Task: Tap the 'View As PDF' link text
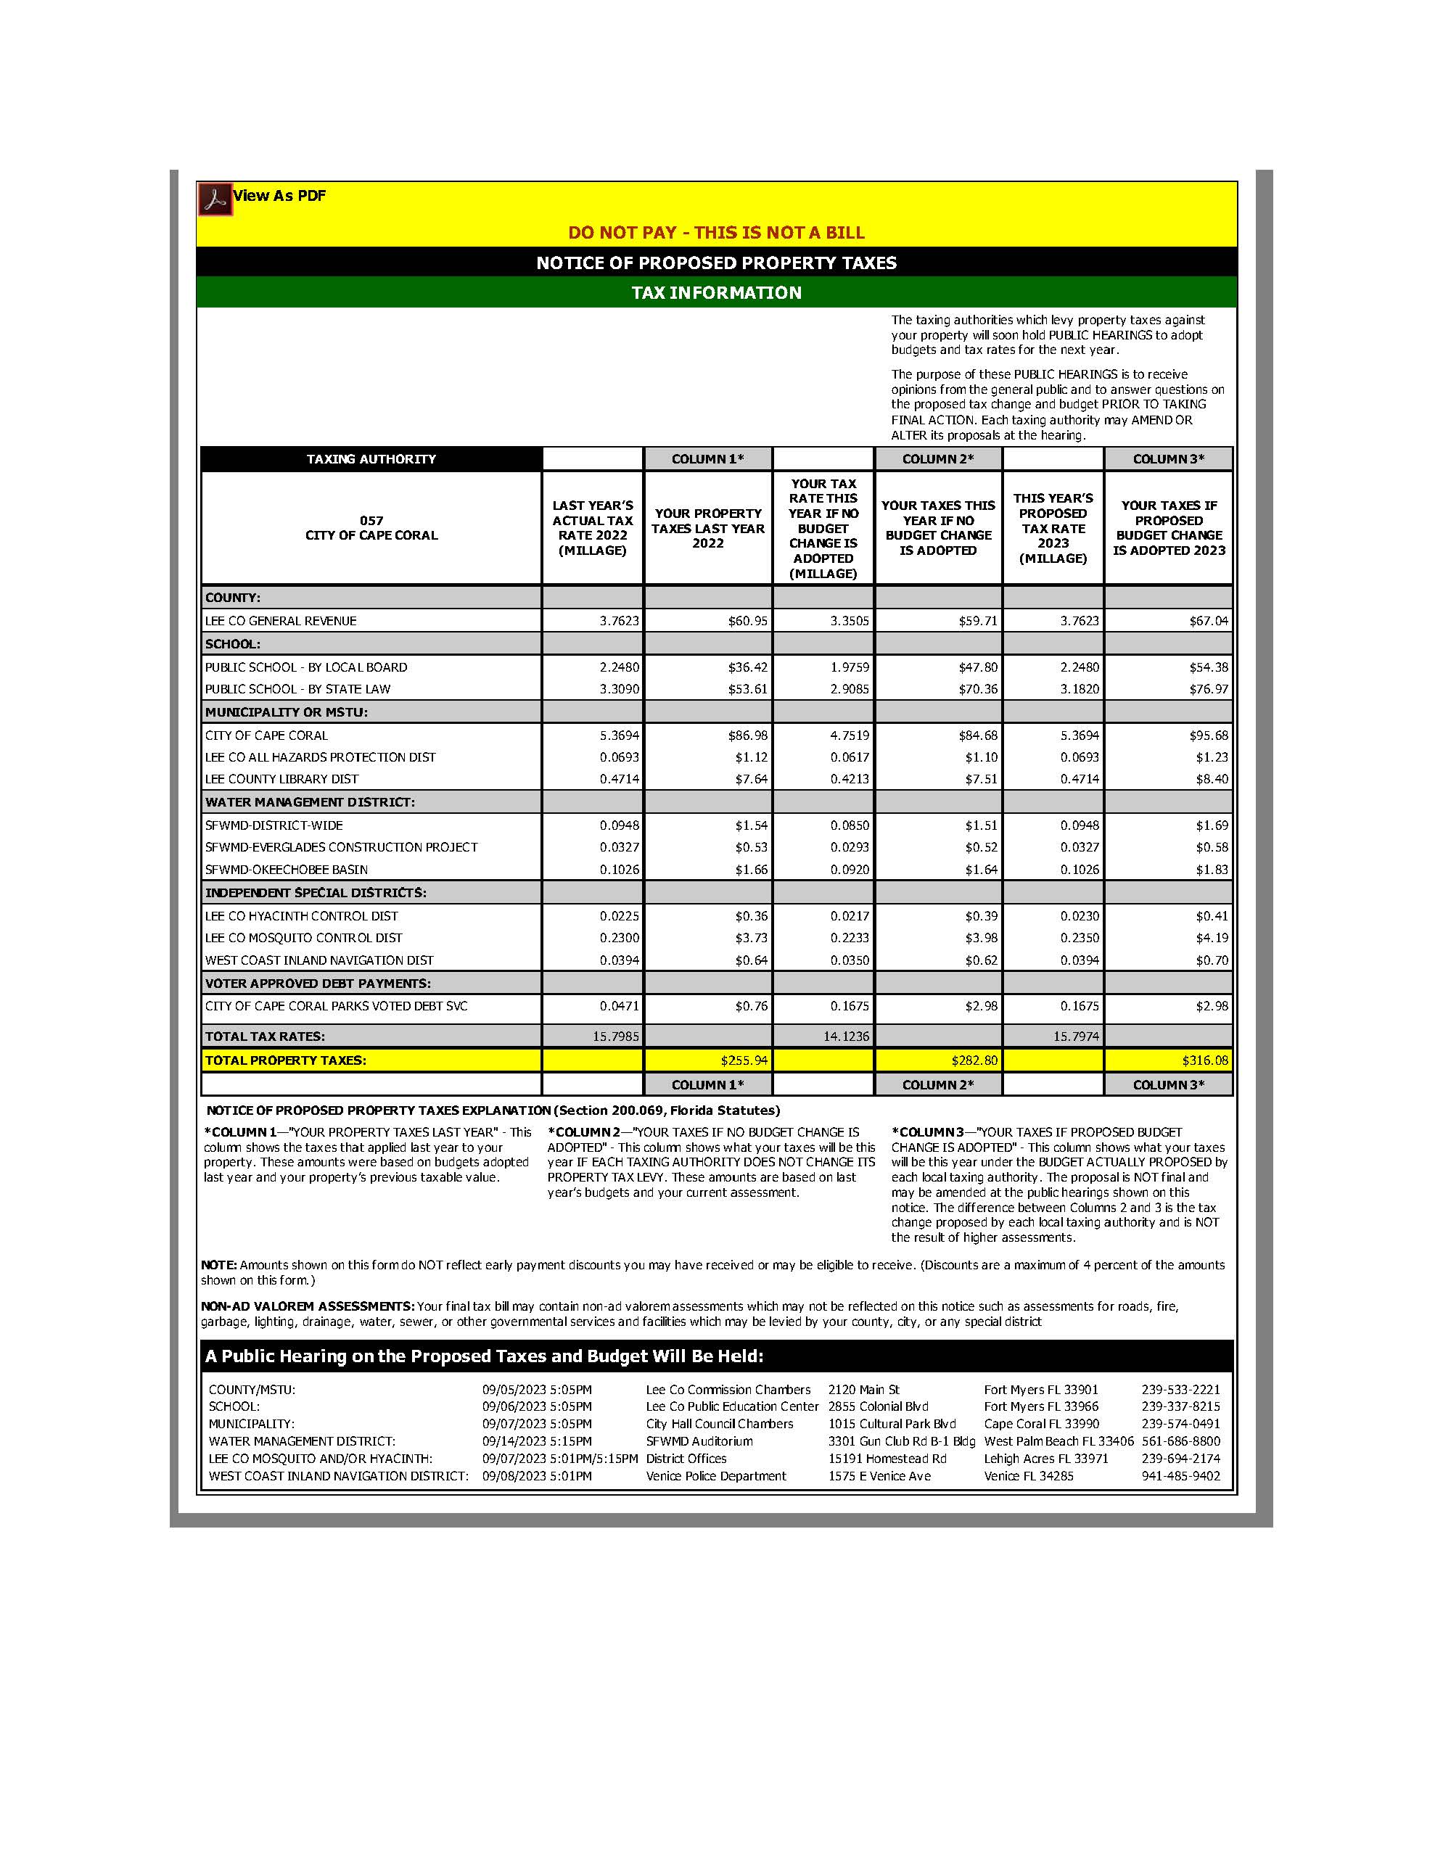279,196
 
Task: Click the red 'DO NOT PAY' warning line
716,233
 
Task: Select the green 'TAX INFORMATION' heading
716,292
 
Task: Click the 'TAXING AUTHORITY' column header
371,459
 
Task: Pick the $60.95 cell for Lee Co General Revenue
747,621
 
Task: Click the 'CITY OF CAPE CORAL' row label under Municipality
266,735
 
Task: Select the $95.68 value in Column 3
1208,735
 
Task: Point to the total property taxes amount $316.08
1204,1060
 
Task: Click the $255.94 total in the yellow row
744,1060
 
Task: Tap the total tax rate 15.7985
615,1036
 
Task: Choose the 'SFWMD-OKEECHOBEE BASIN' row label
287,870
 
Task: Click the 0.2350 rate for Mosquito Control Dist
1080,938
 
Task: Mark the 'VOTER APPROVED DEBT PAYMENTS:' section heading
318,983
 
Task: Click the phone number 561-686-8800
1180,1441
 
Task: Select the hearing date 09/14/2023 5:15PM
537,1441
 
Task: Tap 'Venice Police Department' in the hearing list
715,1476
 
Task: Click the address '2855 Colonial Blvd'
878,1406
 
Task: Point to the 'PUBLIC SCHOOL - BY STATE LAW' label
297,689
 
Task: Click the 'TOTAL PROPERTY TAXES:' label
286,1060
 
